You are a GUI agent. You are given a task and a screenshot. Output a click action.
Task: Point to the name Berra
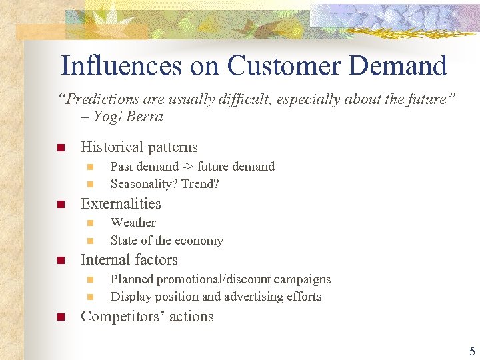(x=146, y=117)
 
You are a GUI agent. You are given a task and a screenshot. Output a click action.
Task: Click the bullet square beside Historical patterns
(x=60, y=147)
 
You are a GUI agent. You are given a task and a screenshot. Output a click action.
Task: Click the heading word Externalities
(x=121, y=204)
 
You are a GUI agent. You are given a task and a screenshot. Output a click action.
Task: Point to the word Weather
(x=133, y=223)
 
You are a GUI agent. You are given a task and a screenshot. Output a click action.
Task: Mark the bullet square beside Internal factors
(x=60, y=261)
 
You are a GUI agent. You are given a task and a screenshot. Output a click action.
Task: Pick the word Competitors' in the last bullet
(x=119, y=317)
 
